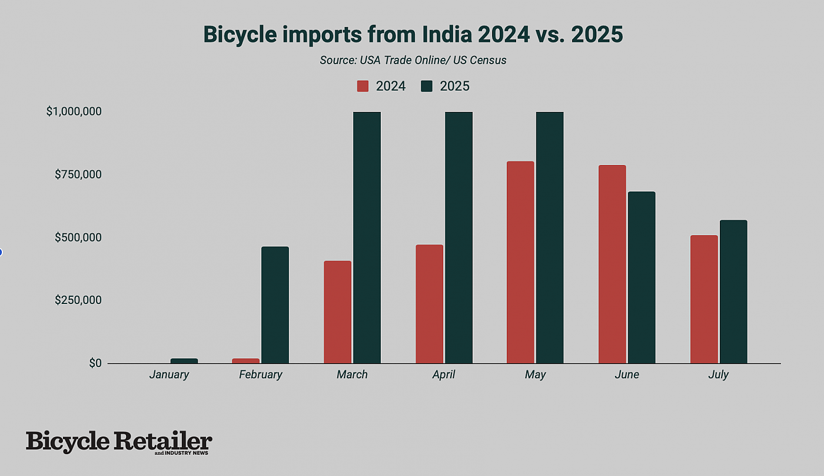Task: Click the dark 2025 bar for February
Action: (275, 305)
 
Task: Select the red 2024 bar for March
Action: (337, 312)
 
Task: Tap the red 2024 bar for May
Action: (520, 262)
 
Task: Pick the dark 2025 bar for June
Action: (642, 277)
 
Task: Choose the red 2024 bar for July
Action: (704, 299)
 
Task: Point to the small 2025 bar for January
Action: (184, 361)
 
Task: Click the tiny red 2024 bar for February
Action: (245, 361)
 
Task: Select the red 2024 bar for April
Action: (429, 303)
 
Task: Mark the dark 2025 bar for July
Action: (733, 292)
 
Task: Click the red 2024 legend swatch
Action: (363, 86)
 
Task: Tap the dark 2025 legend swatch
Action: (427, 86)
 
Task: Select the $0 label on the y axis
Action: (95, 363)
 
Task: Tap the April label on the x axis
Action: (444, 375)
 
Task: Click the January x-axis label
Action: (169, 375)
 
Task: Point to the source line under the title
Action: (413, 60)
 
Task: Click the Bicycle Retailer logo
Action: (119, 442)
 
